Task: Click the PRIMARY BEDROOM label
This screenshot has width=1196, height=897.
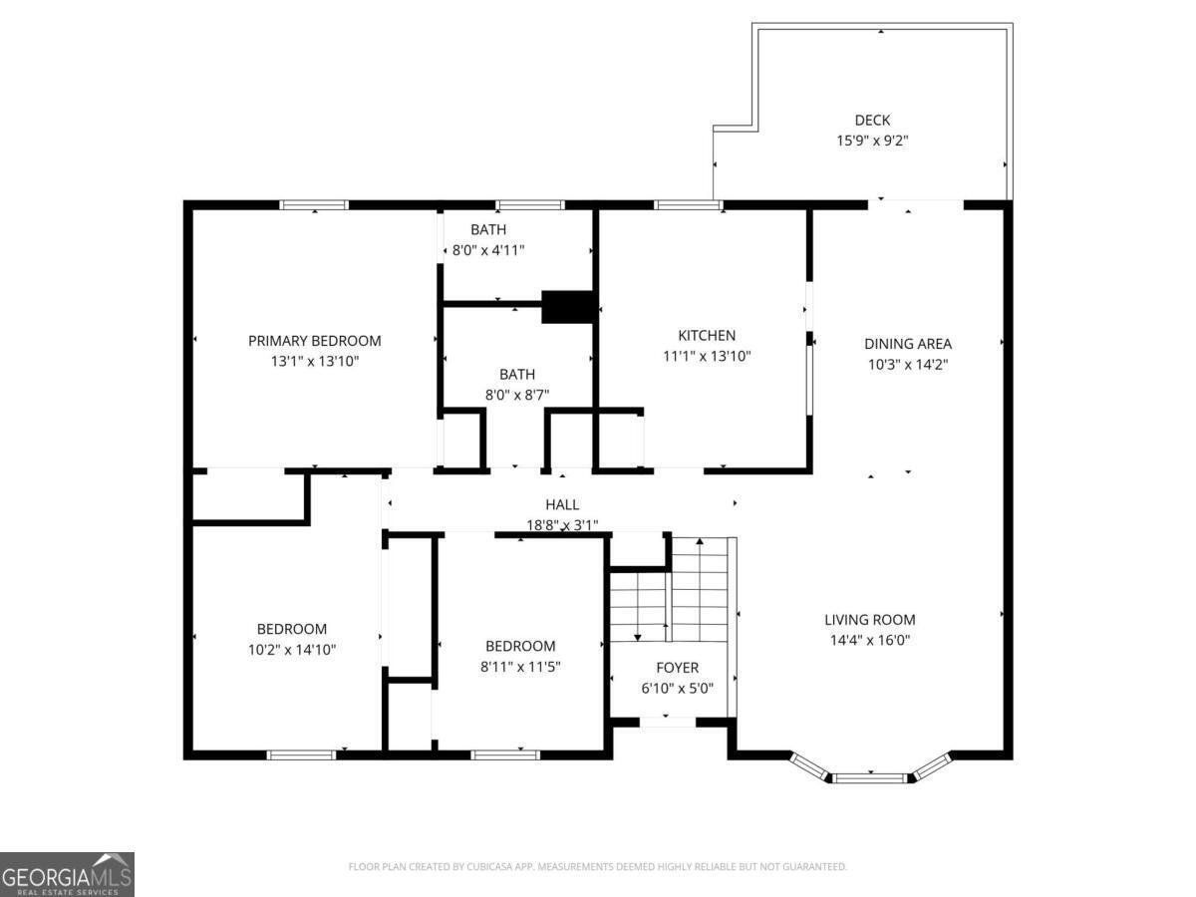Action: tap(314, 341)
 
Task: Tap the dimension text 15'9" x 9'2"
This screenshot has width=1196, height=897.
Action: tap(872, 142)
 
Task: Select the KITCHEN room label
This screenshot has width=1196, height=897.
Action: tap(707, 336)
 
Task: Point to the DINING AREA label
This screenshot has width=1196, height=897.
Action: tap(907, 344)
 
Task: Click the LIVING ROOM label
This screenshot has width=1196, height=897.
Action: tap(870, 620)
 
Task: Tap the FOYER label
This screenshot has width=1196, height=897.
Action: tap(677, 668)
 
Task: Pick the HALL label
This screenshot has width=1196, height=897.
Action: tap(562, 505)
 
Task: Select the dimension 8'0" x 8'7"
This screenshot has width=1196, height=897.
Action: tap(516, 395)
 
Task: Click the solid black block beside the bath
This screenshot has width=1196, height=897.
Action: tap(567, 307)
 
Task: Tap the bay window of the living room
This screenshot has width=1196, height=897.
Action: tap(872, 776)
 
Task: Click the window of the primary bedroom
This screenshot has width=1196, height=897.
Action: tap(314, 205)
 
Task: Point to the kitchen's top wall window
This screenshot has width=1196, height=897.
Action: tap(689, 205)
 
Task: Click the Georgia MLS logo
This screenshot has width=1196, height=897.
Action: tap(67, 874)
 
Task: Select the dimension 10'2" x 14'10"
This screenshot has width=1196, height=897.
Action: tap(292, 650)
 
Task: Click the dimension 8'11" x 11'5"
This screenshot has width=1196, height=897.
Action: tap(520, 667)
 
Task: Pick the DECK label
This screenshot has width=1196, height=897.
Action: tap(872, 121)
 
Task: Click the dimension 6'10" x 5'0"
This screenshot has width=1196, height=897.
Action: tap(677, 688)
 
